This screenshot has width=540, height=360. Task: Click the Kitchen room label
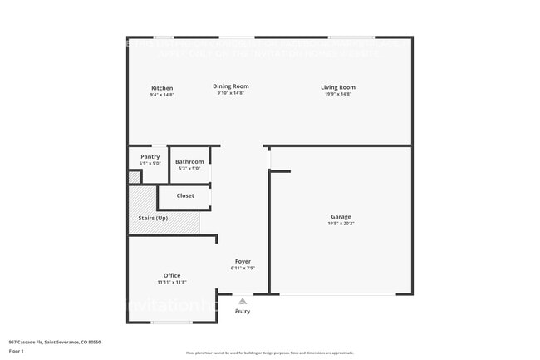[x=162, y=88]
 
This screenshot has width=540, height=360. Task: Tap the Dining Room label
[x=231, y=86]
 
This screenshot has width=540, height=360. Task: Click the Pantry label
[x=150, y=156]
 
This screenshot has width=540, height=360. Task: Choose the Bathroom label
[x=189, y=161]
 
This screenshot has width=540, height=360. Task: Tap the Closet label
[x=185, y=196]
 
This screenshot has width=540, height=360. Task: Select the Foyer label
[x=243, y=261]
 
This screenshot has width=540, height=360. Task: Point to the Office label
[x=172, y=275]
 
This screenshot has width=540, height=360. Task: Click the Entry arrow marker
[x=243, y=302]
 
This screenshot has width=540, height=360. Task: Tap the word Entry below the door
[x=243, y=312]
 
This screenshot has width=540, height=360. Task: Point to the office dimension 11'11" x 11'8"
[x=172, y=282]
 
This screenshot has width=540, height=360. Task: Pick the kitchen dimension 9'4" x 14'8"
[x=162, y=94]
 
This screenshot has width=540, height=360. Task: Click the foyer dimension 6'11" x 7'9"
[x=243, y=268]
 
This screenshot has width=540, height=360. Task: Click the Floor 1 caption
[x=15, y=350]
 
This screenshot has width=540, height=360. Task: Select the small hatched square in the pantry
[x=134, y=177]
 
